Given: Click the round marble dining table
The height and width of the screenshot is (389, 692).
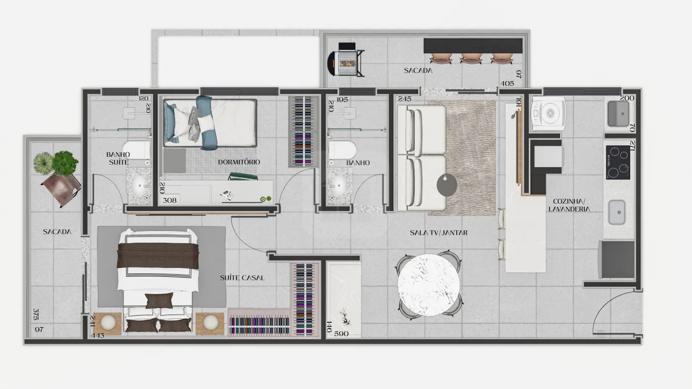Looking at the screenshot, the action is point(429,285).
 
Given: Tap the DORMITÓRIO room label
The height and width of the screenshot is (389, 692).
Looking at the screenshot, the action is point(239,162).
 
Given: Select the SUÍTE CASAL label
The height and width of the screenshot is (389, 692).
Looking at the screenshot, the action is point(242,278).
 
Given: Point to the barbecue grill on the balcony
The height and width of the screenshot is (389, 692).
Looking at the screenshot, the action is point(346,60).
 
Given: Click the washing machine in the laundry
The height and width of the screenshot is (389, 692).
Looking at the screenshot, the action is point(548,113).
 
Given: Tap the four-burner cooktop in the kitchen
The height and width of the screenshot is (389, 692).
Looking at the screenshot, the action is point(618,162).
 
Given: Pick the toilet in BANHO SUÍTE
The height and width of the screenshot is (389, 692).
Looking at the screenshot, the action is point(136,150).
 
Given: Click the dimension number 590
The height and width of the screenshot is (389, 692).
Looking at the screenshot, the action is point(342,334).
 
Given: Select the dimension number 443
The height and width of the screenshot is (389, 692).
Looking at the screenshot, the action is point(98,335).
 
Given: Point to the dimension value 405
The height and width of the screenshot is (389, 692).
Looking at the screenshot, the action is point(507,84).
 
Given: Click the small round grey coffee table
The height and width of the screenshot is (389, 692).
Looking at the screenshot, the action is point(447,185).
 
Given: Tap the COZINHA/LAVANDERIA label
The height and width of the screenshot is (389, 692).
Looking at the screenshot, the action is point(569,205).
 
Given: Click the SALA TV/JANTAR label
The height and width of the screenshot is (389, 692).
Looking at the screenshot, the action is point(439,233).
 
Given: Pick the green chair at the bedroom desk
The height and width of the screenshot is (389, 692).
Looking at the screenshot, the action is point(243,176).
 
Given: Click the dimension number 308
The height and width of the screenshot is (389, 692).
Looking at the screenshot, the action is point(170,200).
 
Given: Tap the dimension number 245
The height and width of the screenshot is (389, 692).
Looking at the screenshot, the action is point(405,99).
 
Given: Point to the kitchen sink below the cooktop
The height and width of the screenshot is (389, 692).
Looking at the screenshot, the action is point(617,212).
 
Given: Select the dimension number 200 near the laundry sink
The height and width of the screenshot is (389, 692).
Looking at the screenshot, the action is point(627,98).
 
